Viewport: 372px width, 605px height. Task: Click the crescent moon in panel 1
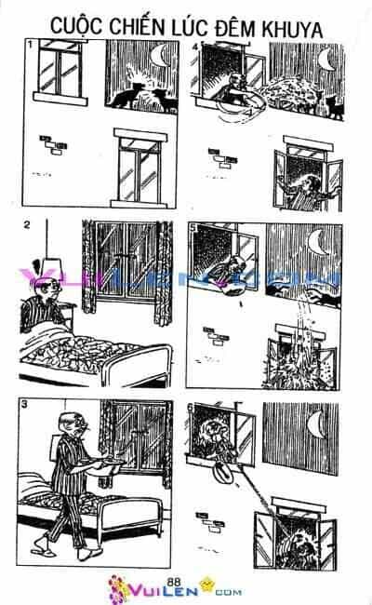pyautogui.click(x=159, y=55)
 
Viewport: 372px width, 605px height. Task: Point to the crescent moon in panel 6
pyautogui.click(x=316, y=423)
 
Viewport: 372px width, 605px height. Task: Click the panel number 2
pyautogui.click(x=26, y=224)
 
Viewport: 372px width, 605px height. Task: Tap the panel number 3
pyautogui.click(x=25, y=404)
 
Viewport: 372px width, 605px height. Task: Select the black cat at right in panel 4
pyautogui.click(x=335, y=107)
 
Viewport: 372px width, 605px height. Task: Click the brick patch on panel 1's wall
pyautogui.click(x=53, y=144)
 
